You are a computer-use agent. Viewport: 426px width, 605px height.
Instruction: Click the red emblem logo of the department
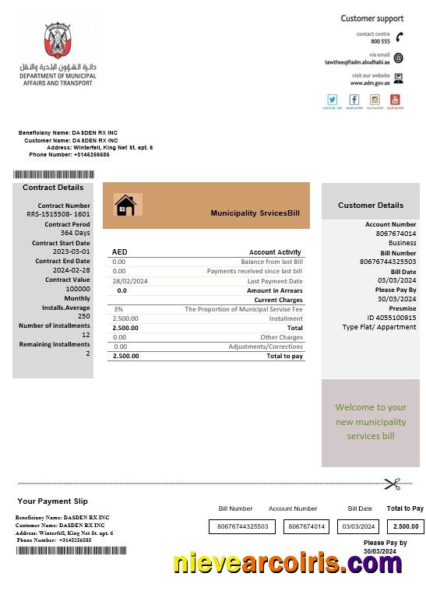[58, 40]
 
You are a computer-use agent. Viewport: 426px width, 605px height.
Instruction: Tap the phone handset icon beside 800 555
[399, 37]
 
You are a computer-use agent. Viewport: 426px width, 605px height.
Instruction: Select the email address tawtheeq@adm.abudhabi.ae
[357, 62]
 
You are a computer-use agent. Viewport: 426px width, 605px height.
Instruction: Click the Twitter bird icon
[333, 100]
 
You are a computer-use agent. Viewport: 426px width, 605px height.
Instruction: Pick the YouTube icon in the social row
[395, 100]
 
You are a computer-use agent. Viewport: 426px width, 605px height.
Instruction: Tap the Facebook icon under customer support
[354, 100]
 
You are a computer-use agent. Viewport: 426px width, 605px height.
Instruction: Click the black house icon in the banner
[125, 206]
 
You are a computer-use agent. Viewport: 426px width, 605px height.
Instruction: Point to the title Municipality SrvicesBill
[255, 213]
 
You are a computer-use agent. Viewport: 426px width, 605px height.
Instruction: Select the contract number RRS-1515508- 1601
[58, 214]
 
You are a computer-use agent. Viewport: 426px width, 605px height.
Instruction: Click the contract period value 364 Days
[76, 233]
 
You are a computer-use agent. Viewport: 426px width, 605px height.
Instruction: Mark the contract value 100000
[78, 289]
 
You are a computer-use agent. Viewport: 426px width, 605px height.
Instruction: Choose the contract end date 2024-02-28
[72, 270]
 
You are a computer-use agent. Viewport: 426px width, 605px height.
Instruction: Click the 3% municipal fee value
[118, 309]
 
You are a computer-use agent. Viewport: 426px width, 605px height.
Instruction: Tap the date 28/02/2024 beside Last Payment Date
[130, 281]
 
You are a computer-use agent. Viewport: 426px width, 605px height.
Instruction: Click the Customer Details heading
[370, 206]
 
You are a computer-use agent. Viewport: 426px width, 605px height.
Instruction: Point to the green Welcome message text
[371, 421]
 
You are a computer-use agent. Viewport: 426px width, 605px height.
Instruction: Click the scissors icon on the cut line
[393, 484]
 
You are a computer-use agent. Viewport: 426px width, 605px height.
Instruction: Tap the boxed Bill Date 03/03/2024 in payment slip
[360, 526]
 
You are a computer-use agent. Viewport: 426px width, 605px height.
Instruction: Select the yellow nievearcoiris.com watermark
[287, 563]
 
